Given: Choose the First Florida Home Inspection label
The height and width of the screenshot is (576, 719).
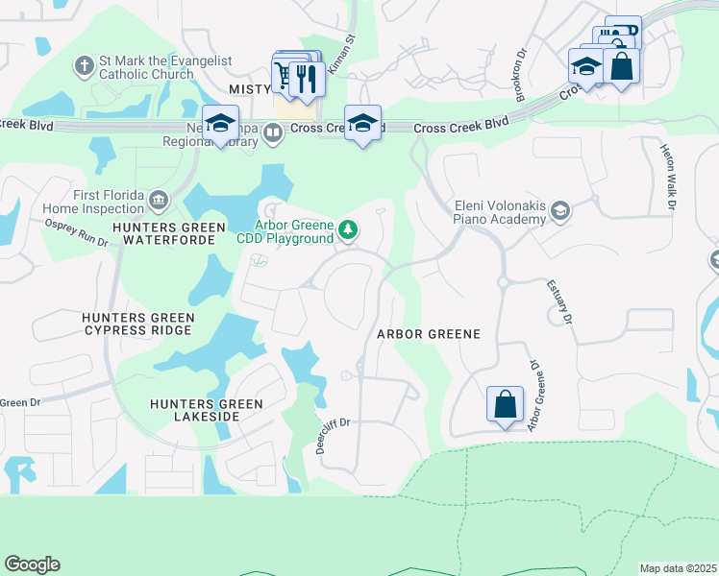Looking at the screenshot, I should tap(92, 201).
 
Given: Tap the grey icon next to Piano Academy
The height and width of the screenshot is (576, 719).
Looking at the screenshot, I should tap(560, 210).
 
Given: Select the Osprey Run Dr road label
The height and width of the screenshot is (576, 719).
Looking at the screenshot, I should tap(77, 233).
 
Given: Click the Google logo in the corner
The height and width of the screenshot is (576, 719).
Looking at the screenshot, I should tap(32, 564).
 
